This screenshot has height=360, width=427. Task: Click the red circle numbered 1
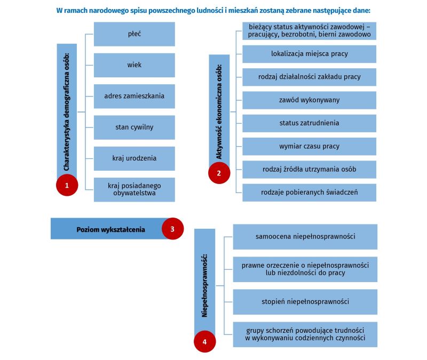click(67, 185)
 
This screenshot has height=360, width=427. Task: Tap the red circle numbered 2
click(219, 173)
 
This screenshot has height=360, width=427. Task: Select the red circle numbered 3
click(172, 229)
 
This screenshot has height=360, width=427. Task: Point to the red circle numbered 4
click(205, 342)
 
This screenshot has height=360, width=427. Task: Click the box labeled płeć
click(135, 34)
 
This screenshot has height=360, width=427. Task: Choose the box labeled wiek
click(135, 65)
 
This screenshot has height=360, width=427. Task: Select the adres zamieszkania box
click(135, 97)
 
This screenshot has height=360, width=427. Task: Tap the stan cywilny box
click(135, 127)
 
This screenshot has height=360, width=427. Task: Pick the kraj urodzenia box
click(135, 158)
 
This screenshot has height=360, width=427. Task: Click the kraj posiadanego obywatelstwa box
click(135, 190)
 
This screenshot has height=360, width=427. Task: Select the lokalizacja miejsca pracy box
click(310, 54)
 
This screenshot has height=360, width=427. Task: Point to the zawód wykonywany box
click(310, 100)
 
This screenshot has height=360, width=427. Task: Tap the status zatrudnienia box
click(310, 123)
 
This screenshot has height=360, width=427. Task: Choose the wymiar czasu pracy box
click(310, 146)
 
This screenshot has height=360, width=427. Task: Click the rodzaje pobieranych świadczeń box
click(310, 193)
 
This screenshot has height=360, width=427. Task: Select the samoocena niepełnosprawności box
click(305, 237)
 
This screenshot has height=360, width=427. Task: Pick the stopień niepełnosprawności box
click(305, 302)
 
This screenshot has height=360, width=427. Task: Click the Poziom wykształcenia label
click(110, 230)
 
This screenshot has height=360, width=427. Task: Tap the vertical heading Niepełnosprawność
click(204, 285)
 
